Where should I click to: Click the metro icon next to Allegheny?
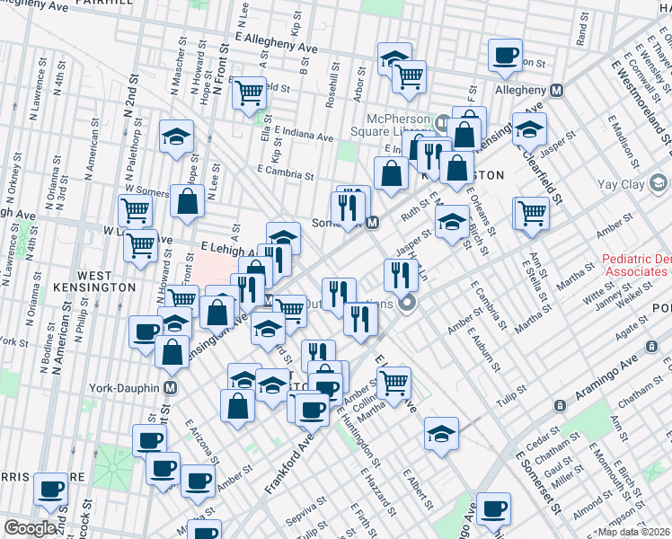click(x=556, y=91)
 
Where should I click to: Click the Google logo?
click(x=30, y=528)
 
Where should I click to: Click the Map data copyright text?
click(x=634, y=532)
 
